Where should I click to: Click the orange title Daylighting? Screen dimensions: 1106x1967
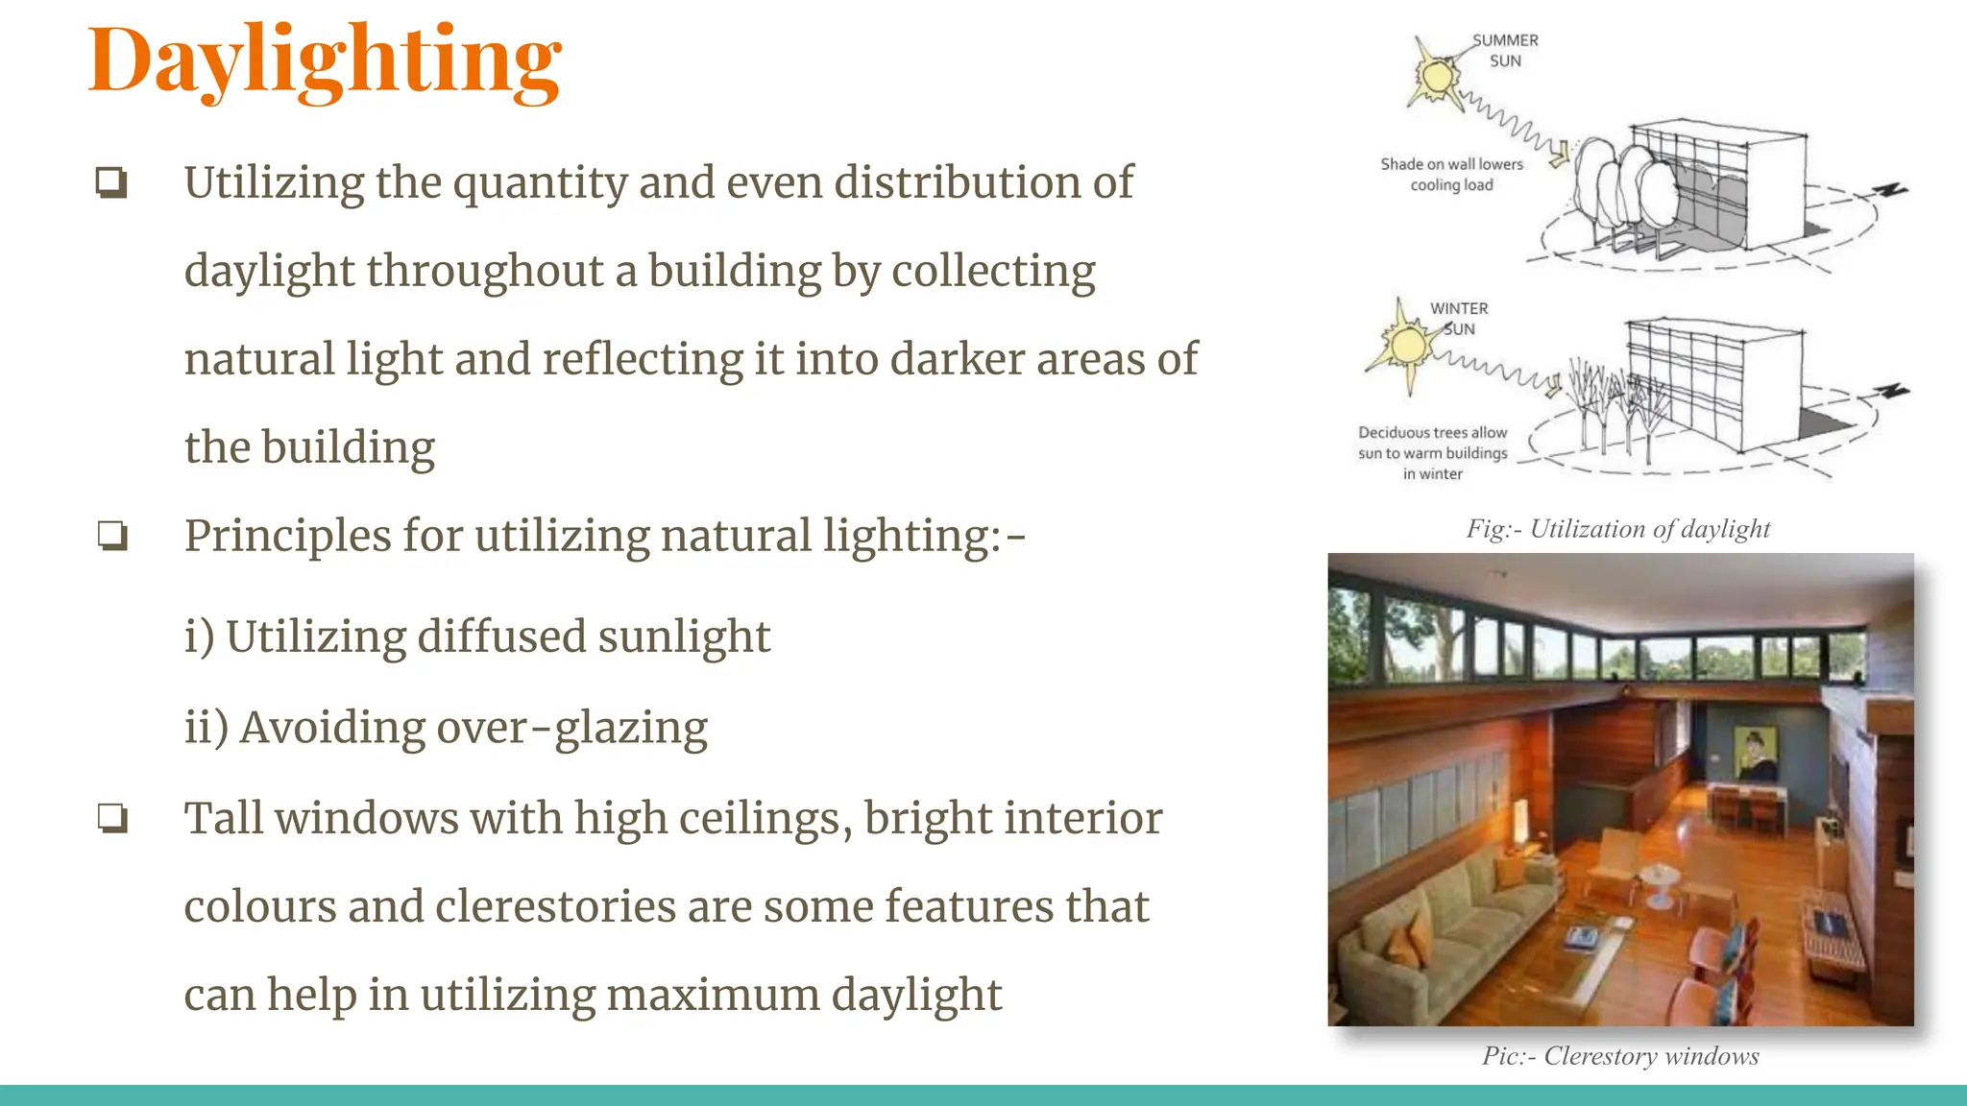(x=325, y=61)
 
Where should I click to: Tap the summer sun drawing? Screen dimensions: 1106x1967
(x=1438, y=76)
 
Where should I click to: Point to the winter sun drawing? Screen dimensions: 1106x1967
(x=1408, y=345)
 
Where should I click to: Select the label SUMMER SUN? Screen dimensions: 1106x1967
(x=1505, y=51)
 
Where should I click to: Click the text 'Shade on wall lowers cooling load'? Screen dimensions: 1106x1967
(x=1451, y=175)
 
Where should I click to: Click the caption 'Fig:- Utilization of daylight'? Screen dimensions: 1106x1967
(x=1617, y=529)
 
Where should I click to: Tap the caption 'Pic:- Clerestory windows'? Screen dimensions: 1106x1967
(x=1620, y=1056)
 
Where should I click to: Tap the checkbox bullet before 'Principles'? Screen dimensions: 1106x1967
(x=112, y=536)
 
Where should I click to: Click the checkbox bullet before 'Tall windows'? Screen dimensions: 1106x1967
(x=112, y=819)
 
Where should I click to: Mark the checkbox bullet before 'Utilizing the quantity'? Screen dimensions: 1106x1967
(x=111, y=182)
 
